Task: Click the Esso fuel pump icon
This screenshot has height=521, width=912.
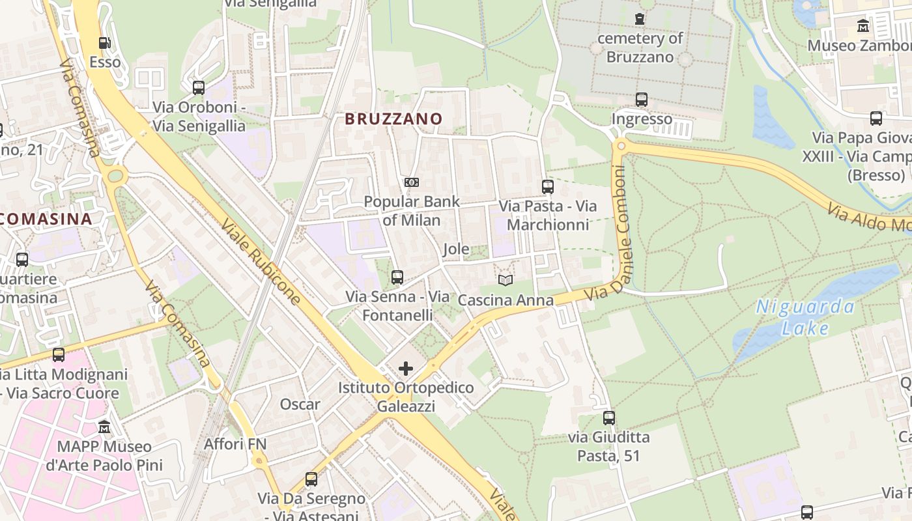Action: click(x=104, y=43)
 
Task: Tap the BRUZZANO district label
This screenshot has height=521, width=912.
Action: click(x=393, y=119)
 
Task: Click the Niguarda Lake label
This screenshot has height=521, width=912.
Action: click(x=805, y=317)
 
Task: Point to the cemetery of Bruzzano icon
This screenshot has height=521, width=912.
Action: click(x=640, y=20)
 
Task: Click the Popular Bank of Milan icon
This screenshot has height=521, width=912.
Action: click(x=411, y=182)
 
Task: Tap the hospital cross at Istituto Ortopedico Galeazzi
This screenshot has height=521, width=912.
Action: click(x=405, y=369)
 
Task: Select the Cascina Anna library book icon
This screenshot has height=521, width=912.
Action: click(x=506, y=280)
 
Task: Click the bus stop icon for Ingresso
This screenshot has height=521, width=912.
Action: click(x=642, y=100)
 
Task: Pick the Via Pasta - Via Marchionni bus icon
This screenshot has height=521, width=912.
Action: click(x=548, y=187)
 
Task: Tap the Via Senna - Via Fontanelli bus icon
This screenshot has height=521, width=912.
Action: click(x=397, y=277)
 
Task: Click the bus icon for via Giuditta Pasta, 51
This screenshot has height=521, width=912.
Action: click(x=609, y=417)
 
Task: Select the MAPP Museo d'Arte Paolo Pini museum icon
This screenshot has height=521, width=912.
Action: click(x=104, y=427)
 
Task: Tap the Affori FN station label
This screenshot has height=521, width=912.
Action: click(x=235, y=444)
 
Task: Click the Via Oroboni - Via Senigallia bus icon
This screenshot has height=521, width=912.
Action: click(x=199, y=87)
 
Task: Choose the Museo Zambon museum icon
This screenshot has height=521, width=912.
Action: click(x=863, y=26)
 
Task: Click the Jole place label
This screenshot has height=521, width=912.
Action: click(x=456, y=249)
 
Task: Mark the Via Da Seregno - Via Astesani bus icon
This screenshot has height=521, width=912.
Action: click(x=311, y=479)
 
